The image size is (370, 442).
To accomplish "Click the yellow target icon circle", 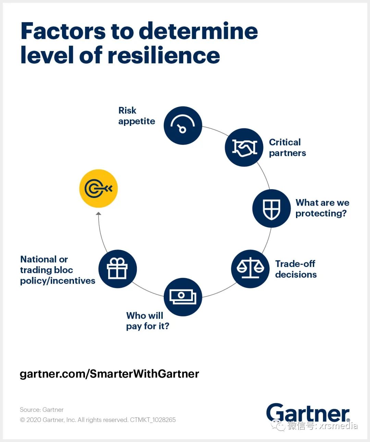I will click(98, 188).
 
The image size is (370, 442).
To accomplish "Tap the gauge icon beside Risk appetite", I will click(183, 125).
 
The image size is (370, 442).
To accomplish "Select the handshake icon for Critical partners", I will click(244, 147).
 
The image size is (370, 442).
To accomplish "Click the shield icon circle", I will click(271, 208).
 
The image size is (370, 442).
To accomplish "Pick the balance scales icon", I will click(250, 269).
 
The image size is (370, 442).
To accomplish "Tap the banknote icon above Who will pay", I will click(183, 297).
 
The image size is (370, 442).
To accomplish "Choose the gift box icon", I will click(118, 269).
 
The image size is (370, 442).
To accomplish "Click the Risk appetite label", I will click(136, 116).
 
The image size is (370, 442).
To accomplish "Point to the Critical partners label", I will click(287, 147).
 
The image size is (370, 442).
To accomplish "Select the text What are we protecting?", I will click(322, 208).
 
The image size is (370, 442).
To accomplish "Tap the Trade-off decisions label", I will click(296, 269).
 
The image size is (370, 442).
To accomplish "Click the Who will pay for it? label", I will click(147, 321).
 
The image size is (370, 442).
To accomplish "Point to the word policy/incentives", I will click(58, 281).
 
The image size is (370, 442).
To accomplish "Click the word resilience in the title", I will click(164, 56).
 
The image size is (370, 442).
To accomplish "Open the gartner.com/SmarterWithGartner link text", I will click(109, 373).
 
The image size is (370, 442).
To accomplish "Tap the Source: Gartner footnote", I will click(41, 409).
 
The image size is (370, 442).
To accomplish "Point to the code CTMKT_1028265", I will click(153, 420).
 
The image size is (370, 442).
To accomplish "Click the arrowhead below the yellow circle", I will click(99, 213).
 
